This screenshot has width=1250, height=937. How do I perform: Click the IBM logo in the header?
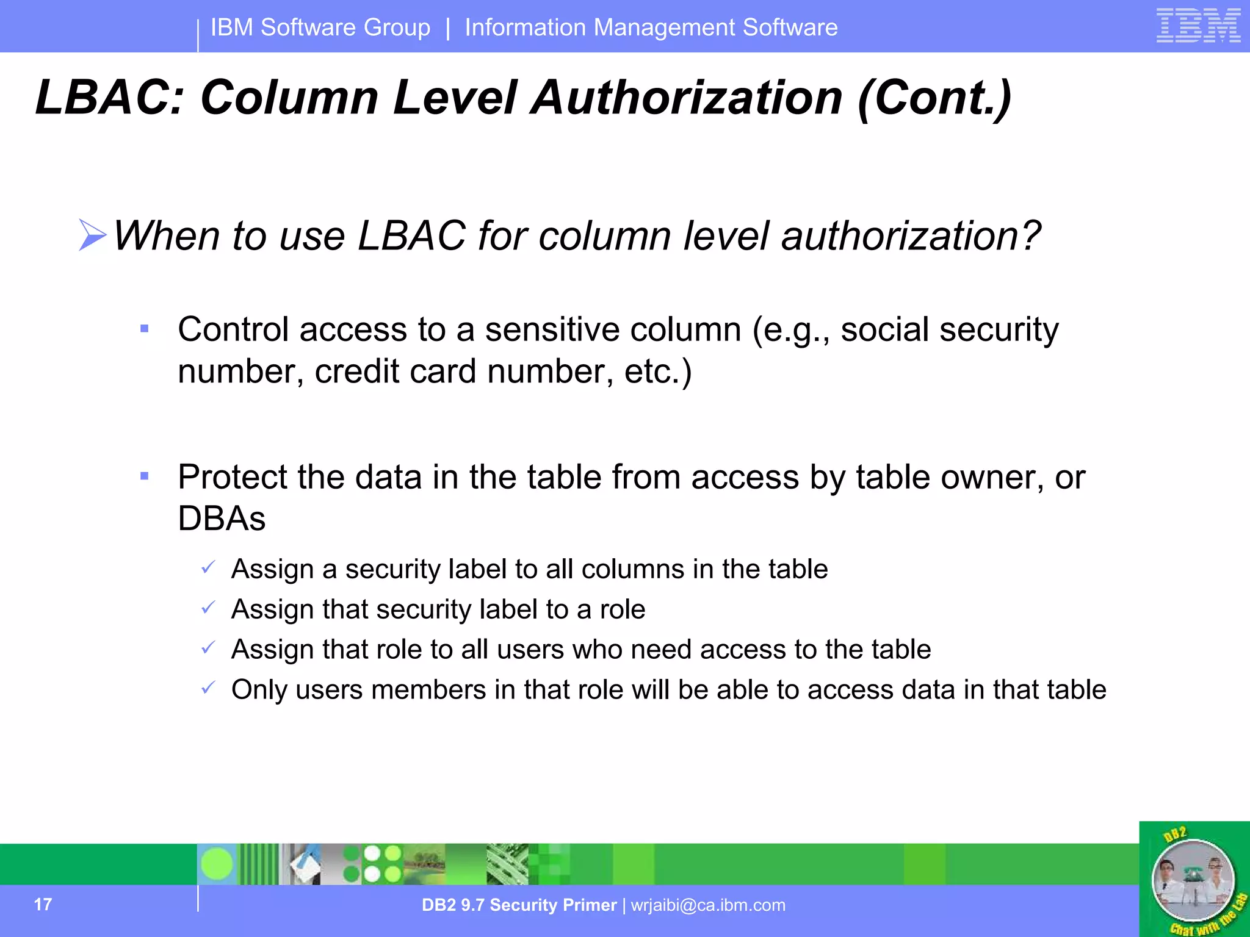pos(1198,26)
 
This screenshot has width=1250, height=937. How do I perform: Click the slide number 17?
pos(43,904)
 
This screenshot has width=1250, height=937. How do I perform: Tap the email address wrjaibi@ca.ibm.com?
pos(708,905)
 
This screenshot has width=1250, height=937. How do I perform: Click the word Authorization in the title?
pos(687,98)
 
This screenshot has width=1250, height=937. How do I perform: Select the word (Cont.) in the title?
pos(934,99)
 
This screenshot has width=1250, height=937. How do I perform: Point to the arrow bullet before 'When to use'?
pos(92,235)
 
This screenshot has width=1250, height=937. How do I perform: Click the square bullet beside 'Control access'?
pos(145,329)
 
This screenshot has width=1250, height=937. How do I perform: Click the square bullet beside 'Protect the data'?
pos(145,476)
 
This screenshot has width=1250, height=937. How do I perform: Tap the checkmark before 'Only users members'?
pos(208,688)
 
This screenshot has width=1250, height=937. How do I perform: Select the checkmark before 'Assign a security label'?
pos(208,567)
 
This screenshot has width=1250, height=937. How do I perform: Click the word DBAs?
pos(222,519)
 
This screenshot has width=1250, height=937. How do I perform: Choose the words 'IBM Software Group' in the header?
pos(320,27)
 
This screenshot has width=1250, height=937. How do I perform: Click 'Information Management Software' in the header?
pos(651,27)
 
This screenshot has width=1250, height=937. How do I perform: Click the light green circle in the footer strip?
pos(217,864)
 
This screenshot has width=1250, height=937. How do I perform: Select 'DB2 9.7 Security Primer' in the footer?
pos(519,905)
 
